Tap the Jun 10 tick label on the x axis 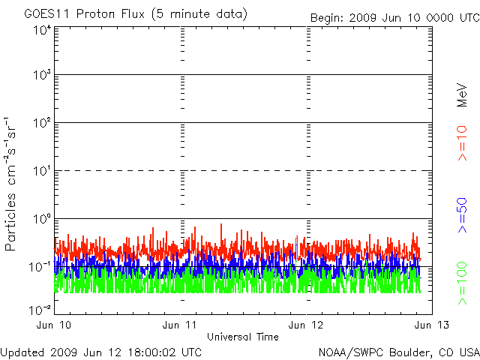point(55,324)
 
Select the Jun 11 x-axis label point(180,324)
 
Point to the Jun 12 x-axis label point(306,324)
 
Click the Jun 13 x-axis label point(424,324)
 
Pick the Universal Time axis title point(242,337)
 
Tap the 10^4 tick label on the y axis point(41,30)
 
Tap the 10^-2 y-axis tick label point(40,308)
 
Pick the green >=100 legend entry point(462,283)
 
